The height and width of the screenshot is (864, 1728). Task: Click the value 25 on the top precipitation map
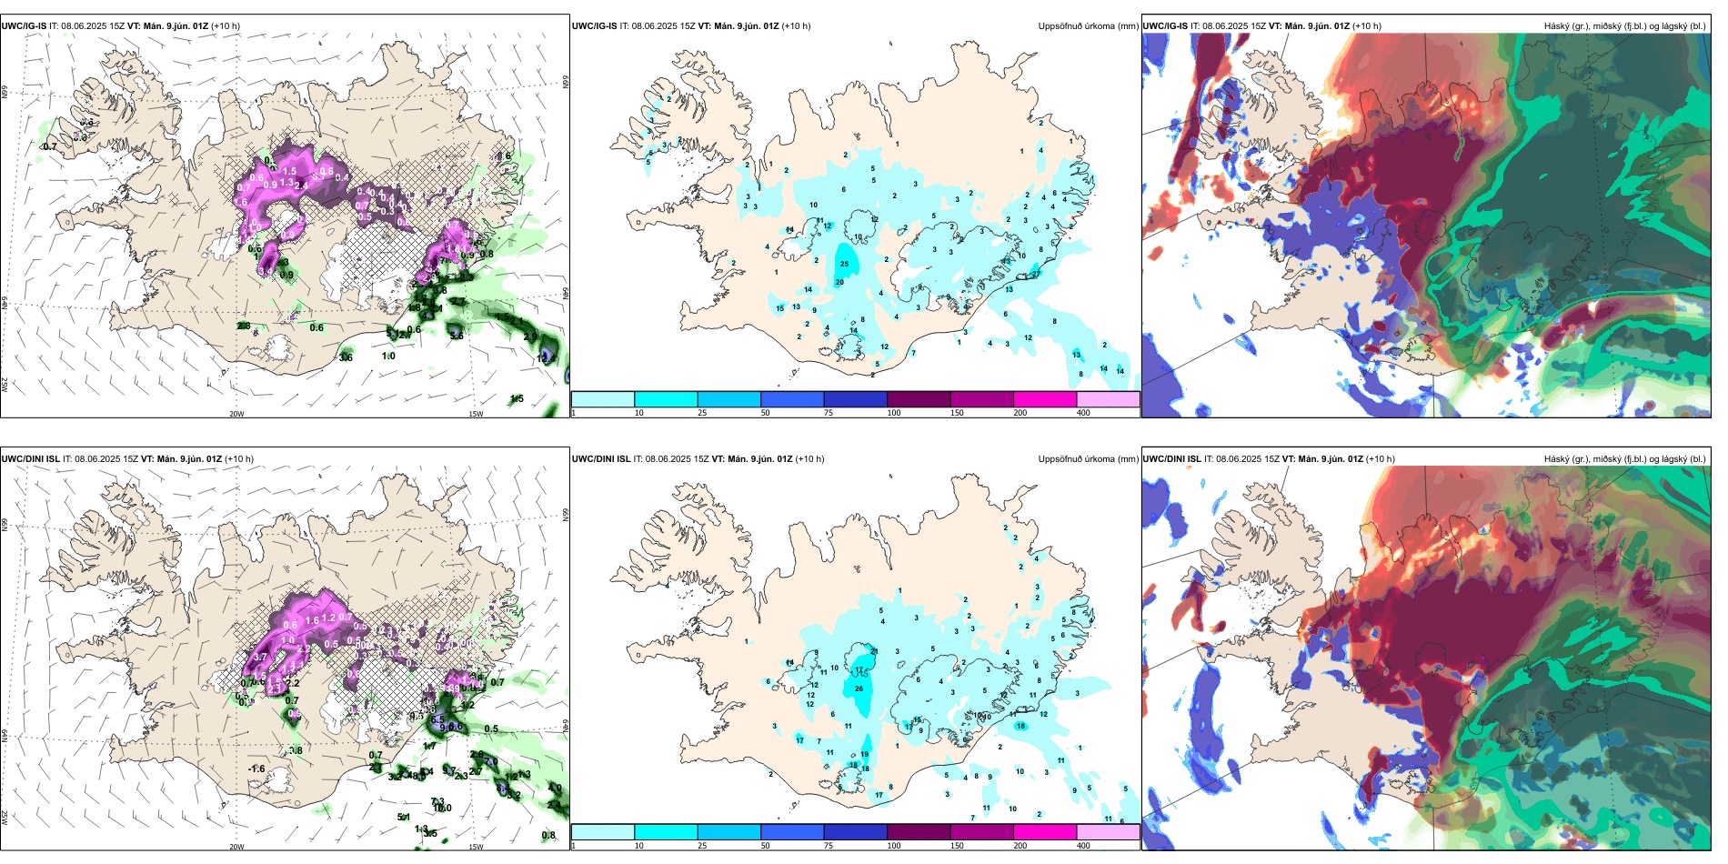click(x=844, y=265)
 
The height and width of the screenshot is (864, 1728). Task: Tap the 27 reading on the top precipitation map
click(x=1035, y=274)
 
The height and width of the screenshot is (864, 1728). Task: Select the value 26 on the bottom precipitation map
click(x=859, y=688)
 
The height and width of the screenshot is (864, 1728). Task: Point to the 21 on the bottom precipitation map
click(x=874, y=651)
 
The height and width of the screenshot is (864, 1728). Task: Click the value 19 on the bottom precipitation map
click(x=864, y=754)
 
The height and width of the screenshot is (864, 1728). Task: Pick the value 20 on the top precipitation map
click(x=839, y=282)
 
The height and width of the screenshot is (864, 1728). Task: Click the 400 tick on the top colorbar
click(x=1083, y=413)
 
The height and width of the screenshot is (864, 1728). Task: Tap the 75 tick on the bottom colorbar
click(x=829, y=845)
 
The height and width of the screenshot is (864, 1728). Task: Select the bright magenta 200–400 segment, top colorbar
click(x=1045, y=399)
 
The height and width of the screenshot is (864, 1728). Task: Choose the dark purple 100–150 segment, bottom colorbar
click(x=919, y=831)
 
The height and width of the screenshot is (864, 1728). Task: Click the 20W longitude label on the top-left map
click(x=236, y=414)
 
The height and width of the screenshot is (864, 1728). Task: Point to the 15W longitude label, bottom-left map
click(x=476, y=847)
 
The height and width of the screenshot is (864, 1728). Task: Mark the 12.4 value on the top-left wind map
click(x=544, y=358)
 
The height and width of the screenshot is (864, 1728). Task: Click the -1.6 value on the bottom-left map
click(x=256, y=769)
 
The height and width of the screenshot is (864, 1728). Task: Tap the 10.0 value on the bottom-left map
click(x=442, y=808)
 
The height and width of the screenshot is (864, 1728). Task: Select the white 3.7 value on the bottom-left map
click(x=259, y=657)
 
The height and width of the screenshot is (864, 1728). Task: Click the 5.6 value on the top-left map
click(x=457, y=336)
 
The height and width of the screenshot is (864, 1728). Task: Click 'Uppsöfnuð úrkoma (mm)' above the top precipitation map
click(x=1088, y=26)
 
